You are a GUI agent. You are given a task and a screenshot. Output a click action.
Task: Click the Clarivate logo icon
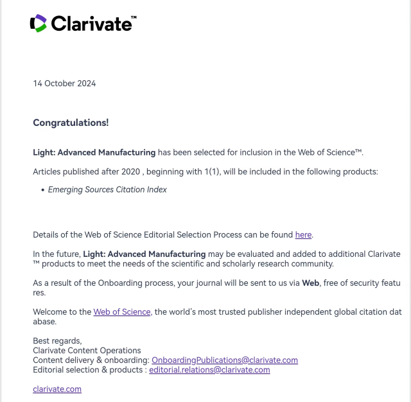coord(39,24)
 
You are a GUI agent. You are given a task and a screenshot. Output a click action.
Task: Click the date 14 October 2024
coord(64,83)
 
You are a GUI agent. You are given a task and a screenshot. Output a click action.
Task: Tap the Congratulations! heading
coord(71,122)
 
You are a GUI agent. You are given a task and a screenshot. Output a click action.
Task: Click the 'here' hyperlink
coord(303,235)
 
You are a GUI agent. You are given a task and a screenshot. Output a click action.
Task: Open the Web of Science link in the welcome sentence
coord(122,312)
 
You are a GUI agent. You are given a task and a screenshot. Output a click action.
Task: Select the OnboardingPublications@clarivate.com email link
coord(225,360)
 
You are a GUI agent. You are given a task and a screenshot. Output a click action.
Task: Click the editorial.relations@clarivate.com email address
coord(209,370)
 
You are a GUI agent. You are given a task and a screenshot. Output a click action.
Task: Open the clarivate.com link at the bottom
coord(57,389)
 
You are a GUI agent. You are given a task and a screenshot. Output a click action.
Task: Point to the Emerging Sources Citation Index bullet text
coord(107,190)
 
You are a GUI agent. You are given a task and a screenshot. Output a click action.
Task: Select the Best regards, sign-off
coord(57,340)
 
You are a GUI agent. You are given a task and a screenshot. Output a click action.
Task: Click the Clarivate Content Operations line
coord(87,351)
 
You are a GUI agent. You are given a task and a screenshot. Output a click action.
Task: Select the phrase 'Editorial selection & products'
coord(87,370)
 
